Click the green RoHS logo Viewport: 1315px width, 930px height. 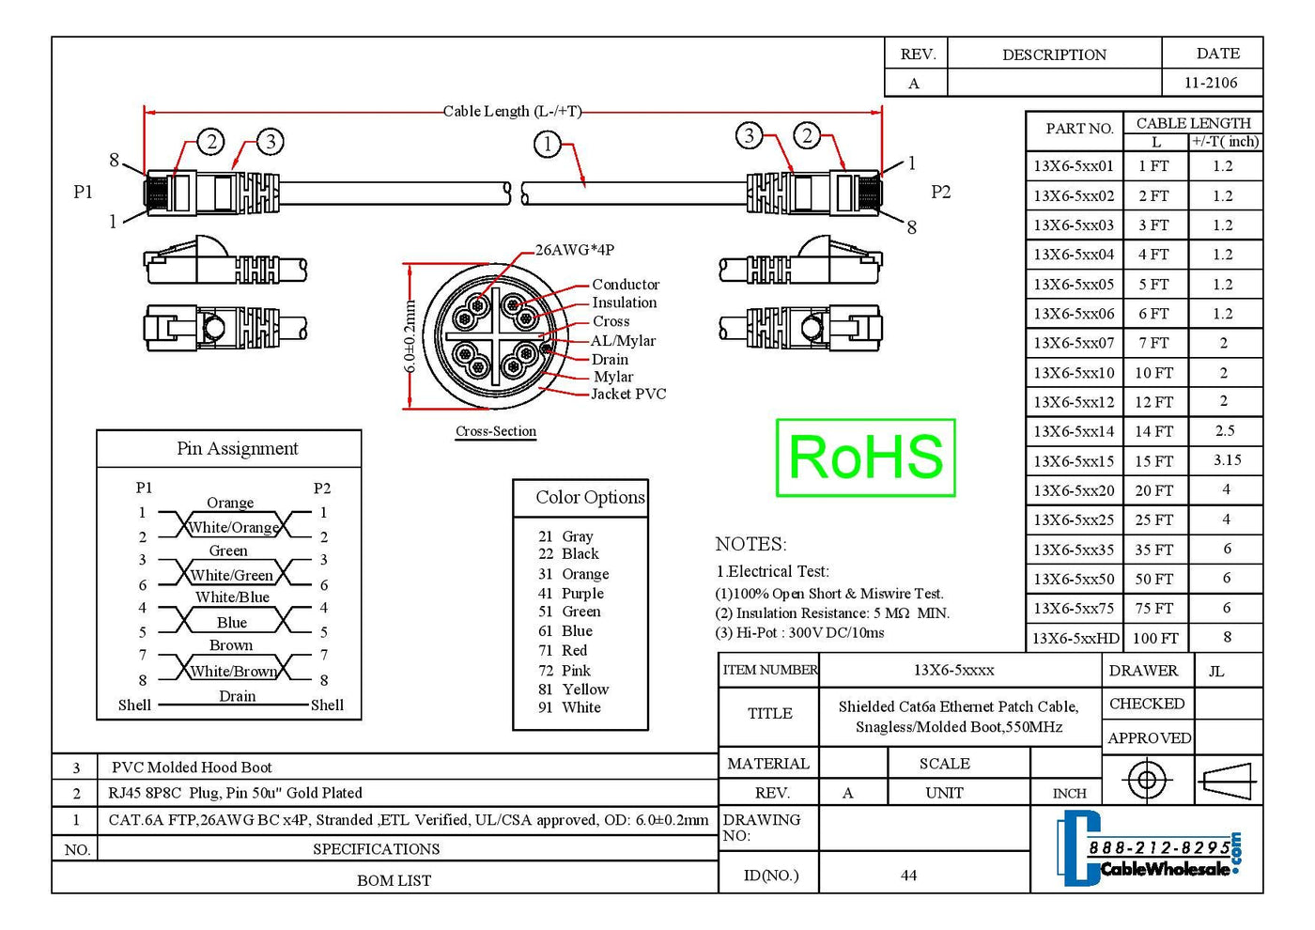point(865,457)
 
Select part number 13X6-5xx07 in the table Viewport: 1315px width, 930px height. point(1074,343)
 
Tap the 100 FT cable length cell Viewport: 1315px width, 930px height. point(1155,638)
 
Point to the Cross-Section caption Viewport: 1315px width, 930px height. point(496,431)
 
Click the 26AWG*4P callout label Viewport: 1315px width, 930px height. point(574,250)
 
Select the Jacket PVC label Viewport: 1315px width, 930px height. point(627,394)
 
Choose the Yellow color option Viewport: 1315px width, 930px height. point(585,689)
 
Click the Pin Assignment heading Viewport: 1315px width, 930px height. point(237,448)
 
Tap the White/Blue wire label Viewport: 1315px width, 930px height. point(232,597)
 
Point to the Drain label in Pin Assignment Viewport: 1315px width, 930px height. point(237,696)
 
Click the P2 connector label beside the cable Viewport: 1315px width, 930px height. point(940,192)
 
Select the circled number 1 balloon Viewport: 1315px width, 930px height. point(547,145)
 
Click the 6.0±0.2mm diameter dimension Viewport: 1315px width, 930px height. point(410,335)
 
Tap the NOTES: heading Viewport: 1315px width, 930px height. point(750,544)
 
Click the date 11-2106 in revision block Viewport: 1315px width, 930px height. point(1211,83)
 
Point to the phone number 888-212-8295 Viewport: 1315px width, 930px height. point(1159,848)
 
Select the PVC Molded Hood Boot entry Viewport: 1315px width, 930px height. point(192,767)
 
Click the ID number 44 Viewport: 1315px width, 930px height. point(908,876)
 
